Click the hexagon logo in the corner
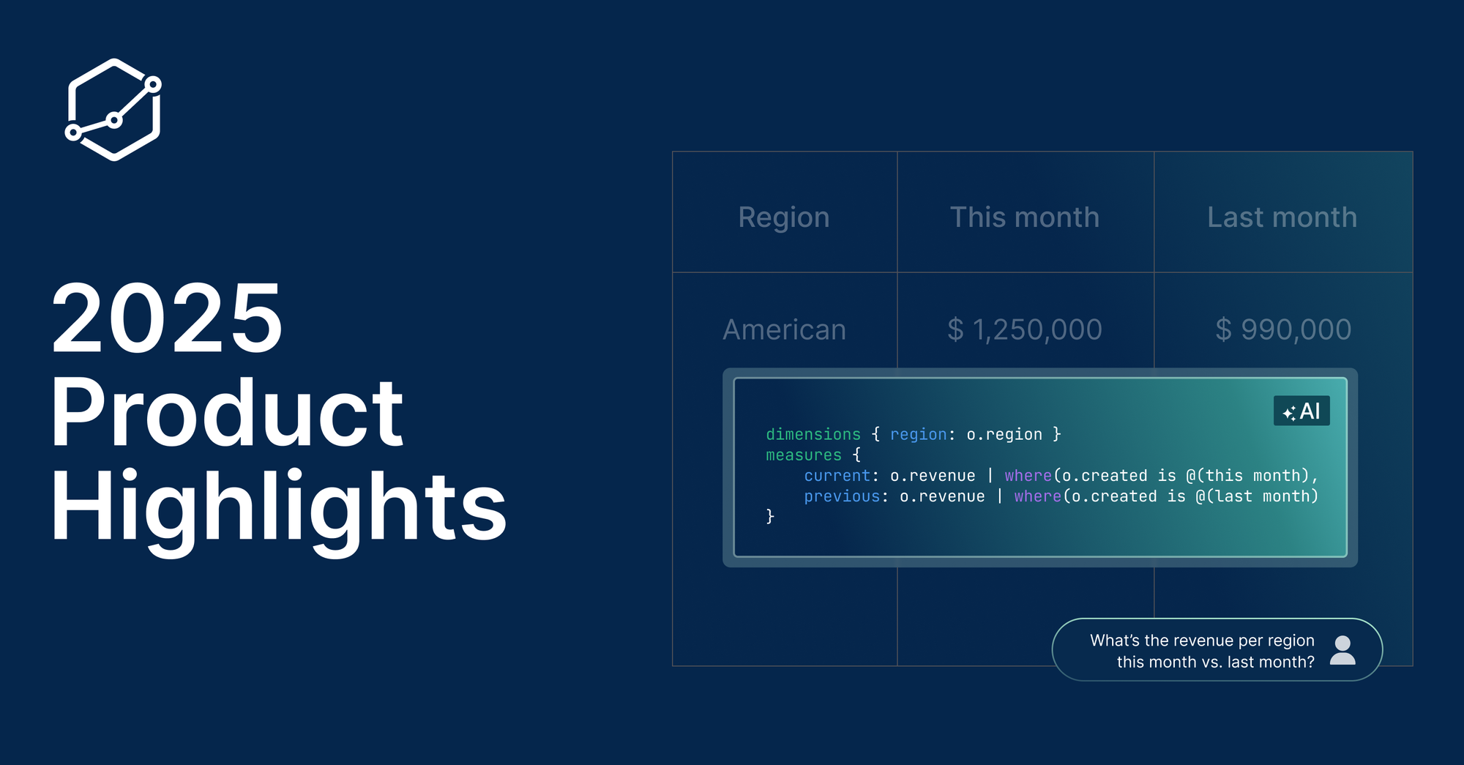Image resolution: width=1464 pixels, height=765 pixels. click(x=113, y=109)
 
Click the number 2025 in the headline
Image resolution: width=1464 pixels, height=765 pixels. click(x=167, y=318)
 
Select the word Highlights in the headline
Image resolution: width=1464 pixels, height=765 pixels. click(x=279, y=510)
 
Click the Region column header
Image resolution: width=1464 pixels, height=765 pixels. click(x=784, y=217)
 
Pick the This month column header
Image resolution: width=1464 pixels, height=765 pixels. click(x=1025, y=217)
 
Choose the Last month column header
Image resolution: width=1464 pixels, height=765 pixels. click(x=1282, y=217)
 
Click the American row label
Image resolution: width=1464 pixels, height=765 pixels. click(x=785, y=330)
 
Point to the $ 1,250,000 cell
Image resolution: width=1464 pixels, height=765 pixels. click(x=1025, y=330)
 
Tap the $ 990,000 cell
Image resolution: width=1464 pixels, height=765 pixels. click(x=1283, y=330)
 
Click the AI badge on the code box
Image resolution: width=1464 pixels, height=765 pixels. click(x=1301, y=411)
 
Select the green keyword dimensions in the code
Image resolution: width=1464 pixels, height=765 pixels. click(x=813, y=434)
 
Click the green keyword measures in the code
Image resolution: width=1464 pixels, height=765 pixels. click(x=804, y=455)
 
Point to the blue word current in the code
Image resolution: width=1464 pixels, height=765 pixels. click(x=837, y=476)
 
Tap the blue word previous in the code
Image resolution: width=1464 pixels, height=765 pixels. click(x=842, y=496)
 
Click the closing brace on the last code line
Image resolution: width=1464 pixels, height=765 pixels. click(x=770, y=517)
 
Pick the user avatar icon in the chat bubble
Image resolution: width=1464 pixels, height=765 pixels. click(x=1342, y=650)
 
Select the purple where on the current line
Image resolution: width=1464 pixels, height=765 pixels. click(x=1028, y=476)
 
